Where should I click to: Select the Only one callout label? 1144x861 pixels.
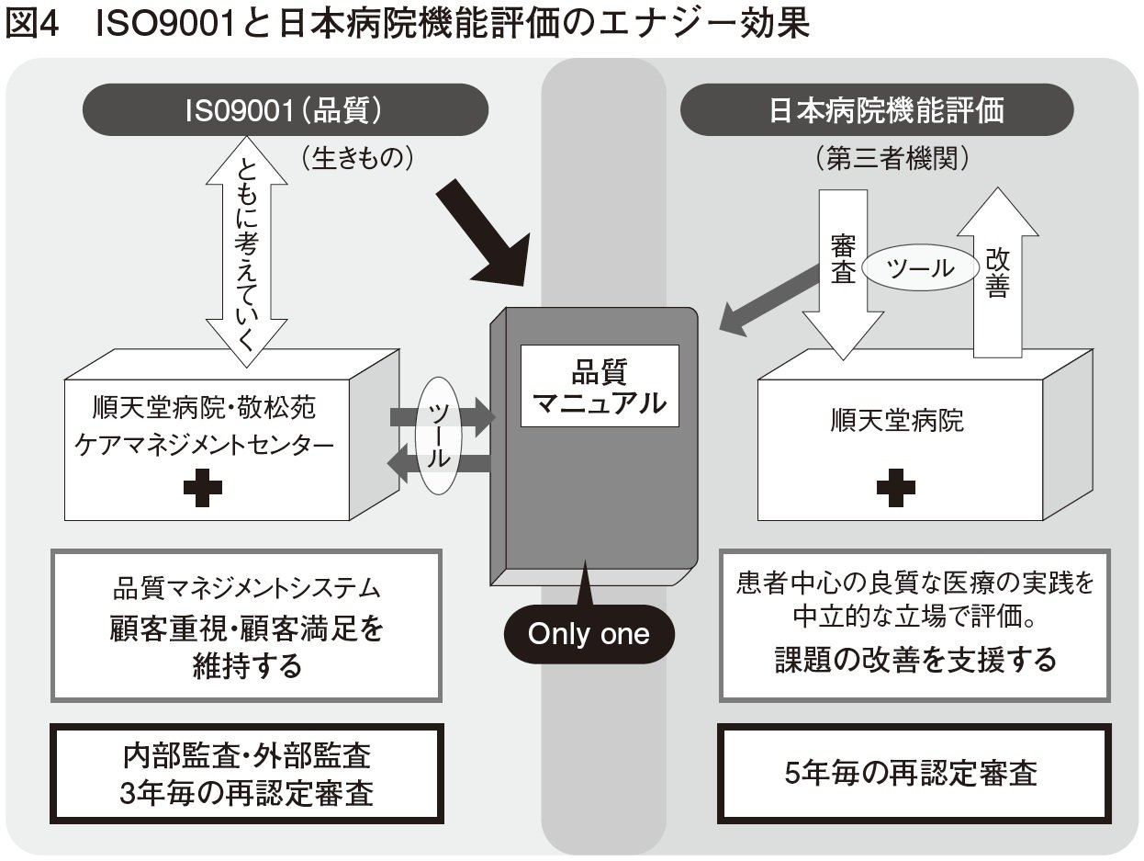click(589, 633)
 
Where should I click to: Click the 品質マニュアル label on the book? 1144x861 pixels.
click(600, 386)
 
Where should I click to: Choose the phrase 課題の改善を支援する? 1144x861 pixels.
click(914, 658)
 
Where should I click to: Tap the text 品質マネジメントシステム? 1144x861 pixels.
click(246, 588)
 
